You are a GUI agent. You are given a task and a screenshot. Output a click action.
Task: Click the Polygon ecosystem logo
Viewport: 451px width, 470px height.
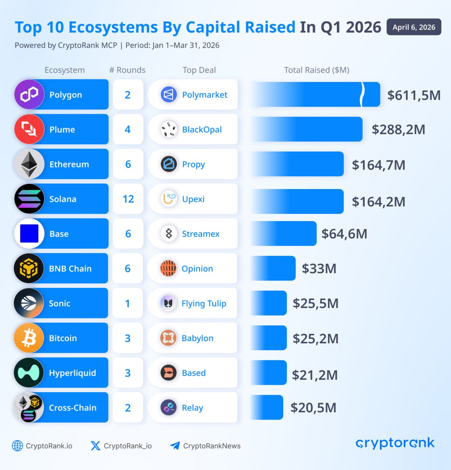29,95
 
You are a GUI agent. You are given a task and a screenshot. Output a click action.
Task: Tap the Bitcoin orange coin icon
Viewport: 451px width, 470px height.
29,338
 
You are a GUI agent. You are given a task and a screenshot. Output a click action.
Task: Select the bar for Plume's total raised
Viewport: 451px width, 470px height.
307,129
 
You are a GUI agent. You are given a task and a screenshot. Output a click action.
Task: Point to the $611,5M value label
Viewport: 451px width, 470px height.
413,95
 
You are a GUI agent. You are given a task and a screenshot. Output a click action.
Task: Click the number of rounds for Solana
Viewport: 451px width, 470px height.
128,199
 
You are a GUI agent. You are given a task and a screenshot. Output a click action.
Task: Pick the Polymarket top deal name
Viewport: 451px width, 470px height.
205,95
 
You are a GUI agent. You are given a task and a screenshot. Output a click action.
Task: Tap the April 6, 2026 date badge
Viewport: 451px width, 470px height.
414,27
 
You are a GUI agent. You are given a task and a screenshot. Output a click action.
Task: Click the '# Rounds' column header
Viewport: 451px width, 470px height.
127,70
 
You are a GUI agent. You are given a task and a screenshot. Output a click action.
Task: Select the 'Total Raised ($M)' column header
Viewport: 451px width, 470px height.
316,70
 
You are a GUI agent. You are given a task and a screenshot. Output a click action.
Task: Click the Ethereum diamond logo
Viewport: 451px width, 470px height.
29,164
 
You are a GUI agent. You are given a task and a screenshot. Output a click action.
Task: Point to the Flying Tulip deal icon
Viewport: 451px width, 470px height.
168,303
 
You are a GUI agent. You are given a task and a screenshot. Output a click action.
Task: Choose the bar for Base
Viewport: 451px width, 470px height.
284,234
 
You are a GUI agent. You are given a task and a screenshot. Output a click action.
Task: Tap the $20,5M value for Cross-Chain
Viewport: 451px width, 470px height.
313,408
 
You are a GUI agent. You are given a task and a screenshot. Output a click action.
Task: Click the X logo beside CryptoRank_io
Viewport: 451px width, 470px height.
95,446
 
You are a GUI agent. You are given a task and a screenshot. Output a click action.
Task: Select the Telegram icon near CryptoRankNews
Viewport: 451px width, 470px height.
175,446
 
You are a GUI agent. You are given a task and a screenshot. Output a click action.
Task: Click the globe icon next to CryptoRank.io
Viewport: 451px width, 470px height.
17,446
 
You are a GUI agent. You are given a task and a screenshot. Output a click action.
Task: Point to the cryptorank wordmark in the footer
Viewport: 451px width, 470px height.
395,443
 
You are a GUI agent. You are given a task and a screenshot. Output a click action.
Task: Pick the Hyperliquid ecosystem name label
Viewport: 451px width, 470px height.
72,373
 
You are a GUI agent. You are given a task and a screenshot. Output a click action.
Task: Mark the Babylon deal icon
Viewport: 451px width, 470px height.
168,338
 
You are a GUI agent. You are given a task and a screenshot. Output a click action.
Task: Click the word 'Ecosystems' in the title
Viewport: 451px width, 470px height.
113,28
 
